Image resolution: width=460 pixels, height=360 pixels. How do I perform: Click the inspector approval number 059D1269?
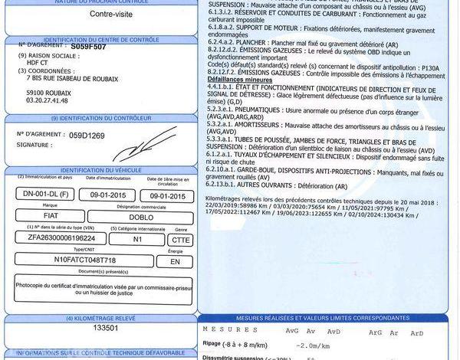pyautogui.click(x=87, y=135)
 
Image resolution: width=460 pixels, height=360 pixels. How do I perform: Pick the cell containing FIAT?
pyautogui.click(x=51, y=217)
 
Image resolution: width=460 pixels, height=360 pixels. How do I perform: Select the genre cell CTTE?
pyautogui.click(x=181, y=238)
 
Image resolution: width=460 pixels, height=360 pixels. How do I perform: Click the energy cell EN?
pyautogui.click(x=175, y=260)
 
